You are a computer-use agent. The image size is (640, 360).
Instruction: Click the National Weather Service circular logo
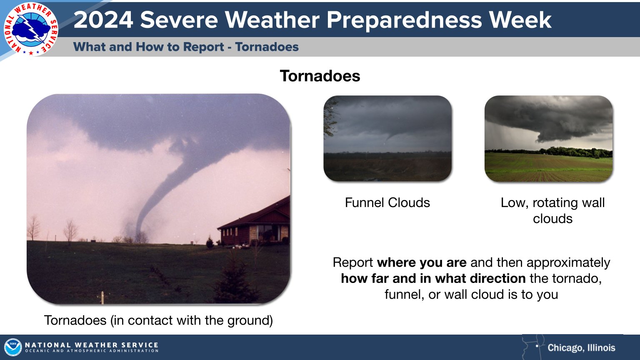coord(30,29)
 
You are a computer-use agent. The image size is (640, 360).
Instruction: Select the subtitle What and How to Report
coord(148,47)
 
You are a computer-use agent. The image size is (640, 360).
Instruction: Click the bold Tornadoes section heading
coord(320,76)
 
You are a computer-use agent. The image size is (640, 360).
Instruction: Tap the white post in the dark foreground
coord(102,297)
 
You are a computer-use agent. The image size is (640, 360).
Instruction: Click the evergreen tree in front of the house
coord(235,279)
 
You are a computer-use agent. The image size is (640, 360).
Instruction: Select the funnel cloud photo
coord(387,138)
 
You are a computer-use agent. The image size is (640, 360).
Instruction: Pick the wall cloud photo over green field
coord(548,138)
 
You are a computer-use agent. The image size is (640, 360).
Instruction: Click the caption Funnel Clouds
coord(387,202)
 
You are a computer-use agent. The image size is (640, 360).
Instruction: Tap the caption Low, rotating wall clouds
coord(552,210)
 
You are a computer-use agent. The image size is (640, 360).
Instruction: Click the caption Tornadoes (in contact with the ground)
coord(158,320)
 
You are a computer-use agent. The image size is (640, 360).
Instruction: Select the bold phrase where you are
coord(422,262)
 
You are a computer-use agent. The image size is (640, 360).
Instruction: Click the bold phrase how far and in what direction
coord(433,278)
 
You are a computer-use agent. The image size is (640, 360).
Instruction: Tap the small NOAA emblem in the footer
coord(13,347)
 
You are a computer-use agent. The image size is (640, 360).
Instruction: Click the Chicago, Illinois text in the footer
coord(581,347)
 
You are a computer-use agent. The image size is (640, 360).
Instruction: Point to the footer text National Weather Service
coord(92,345)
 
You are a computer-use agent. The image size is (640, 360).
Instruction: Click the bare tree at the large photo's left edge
coord(33,227)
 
